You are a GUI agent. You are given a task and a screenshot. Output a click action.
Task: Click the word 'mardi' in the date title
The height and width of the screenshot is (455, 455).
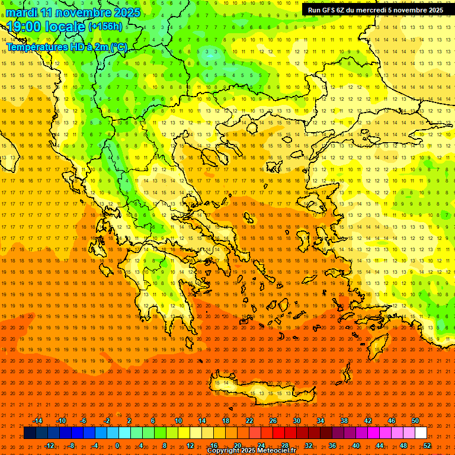point(23,12)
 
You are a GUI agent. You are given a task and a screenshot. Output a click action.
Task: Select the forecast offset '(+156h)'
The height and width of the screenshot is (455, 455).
point(105,27)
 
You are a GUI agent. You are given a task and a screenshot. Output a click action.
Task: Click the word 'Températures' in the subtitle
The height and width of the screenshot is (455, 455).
point(37,47)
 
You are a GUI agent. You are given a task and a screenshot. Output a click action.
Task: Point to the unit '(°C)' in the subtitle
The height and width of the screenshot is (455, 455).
point(117,47)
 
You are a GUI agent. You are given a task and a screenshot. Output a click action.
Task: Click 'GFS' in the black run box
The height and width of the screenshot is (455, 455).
point(331,10)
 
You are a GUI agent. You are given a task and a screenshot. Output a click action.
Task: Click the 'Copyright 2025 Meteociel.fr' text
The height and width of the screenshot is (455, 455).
point(251,451)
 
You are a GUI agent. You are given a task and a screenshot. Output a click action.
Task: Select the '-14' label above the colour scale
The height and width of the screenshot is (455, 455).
point(37,421)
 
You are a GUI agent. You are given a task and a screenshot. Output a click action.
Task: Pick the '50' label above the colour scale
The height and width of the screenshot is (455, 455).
point(415,421)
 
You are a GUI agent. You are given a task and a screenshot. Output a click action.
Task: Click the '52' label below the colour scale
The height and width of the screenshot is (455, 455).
point(427,446)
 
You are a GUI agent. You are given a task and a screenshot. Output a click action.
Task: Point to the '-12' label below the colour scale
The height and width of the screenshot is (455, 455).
point(49,446)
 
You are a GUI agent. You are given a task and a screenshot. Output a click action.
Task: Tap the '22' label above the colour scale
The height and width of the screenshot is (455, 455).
point(249,421)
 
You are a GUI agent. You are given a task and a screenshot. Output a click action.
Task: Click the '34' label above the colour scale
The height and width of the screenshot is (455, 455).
point(321,421)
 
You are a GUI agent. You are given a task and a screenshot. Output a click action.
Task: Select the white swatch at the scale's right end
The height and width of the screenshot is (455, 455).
point(421,433)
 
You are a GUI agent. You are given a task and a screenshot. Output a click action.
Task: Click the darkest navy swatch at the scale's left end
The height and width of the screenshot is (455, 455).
point(30,433)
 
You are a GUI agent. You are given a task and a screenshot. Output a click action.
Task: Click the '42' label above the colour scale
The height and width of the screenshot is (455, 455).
point(368,421)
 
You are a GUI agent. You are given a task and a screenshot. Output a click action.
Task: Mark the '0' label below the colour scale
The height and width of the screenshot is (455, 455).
point(117,446)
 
